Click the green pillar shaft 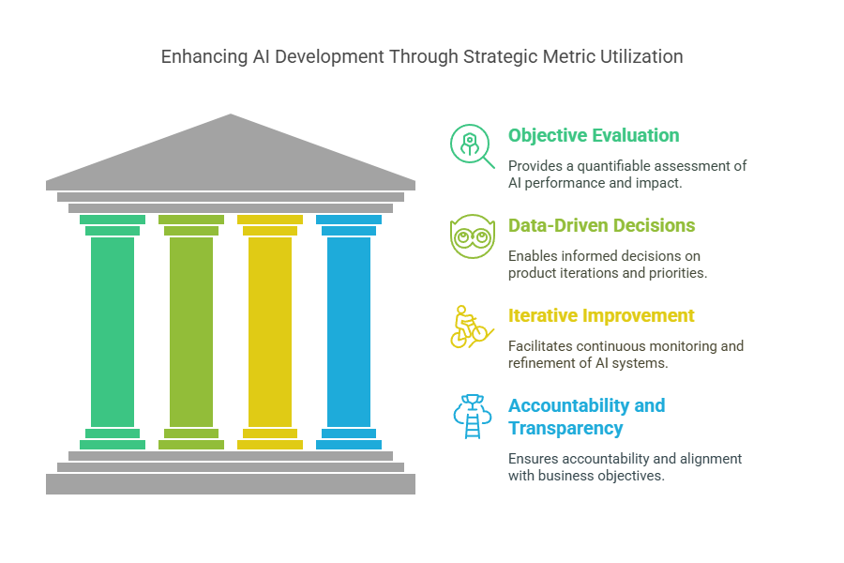point(113,332)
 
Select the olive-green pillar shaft point(191,332)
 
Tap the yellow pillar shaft point(270,332)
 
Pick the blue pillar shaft point(349,332)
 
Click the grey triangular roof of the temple point(231,157)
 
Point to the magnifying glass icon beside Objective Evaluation point(472,146)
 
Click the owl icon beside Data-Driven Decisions point(472,236)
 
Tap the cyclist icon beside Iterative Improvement point(472,327)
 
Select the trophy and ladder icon point(472,417)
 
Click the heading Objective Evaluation point(594,135)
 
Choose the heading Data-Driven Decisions point(602,225)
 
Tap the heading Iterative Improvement point(601,315)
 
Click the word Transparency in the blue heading point(565,428)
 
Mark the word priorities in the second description point(678,273)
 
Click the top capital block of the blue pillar point(349,220)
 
